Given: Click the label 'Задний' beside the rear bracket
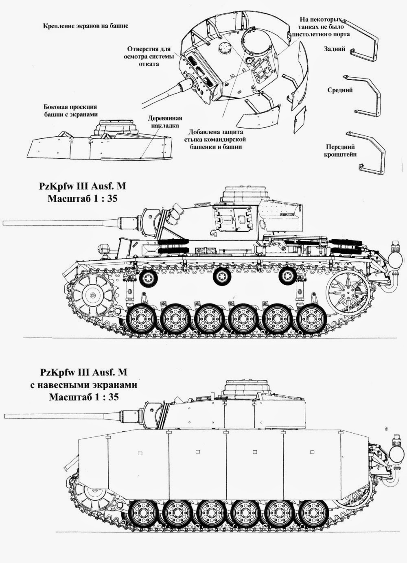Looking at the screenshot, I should (335, 49).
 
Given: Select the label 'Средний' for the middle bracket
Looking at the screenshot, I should (340, 90).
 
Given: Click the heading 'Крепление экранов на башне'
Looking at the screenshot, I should (85, 26).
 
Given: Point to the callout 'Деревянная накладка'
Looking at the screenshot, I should (164, 122).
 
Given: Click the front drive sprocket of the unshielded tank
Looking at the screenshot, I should (93, 295).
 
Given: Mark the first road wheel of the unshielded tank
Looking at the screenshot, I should (142, 318).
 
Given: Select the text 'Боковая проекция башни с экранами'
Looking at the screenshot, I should (70, 110).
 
